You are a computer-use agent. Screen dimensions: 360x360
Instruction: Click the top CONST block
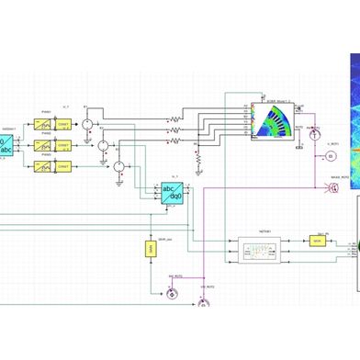click(x=64, y=123)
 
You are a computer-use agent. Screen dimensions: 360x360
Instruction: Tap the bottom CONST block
click(x=64, y=167)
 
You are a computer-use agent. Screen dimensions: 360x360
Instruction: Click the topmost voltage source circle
click(x=86, y=123)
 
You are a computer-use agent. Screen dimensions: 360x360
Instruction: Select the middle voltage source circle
click(x=103, y=145)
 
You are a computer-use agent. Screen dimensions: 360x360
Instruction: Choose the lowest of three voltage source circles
click(x=118, y=166)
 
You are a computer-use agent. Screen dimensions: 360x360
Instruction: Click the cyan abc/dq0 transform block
click(x=172, y=194)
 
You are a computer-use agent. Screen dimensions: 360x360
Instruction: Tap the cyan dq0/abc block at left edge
click(x=6, y=144)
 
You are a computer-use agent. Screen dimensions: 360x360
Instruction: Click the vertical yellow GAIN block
click(x=149, y=248)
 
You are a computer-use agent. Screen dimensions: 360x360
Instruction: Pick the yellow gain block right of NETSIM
click(x=317, y=241)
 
